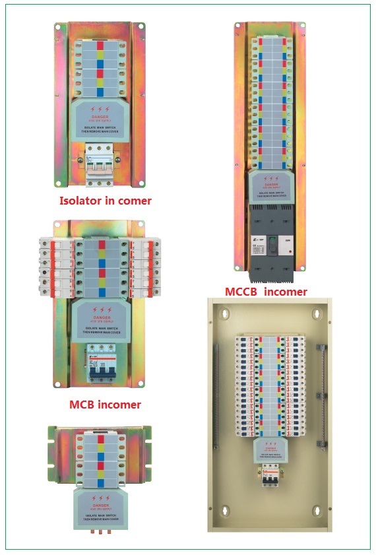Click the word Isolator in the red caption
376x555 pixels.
pos(82,201)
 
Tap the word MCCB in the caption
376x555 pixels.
pos(242,291)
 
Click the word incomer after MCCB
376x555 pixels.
pos(285,291)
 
